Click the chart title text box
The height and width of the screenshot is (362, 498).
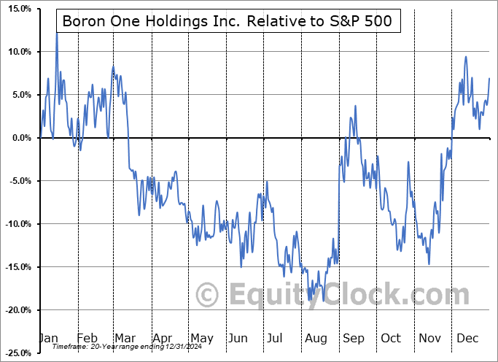pyautogui.click(x=227, y=21)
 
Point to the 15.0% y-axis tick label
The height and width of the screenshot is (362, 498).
pyautogui.click(x=17, y=9)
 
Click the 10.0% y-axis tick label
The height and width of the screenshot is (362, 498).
pyautogui.click(x=17, y=52)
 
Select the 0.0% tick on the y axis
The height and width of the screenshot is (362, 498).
pyautogui.click(x=20, y=138)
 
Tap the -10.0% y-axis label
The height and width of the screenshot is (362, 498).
pyautogui.click(x=15, y=224)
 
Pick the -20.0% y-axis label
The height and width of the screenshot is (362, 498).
pyautogui.click(x=15, y=310)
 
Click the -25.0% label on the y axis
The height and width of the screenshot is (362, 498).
pyautogui.click(x=15, y=353)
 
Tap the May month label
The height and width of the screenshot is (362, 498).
pyautogui.click(x=201, y=338)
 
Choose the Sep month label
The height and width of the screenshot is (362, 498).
pyautogui.click(x=353, y=338)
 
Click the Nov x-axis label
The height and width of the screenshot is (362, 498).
pyautogui.click(x=429, y=338)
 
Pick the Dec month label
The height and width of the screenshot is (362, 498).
pyautogui.click(x=467, y=338)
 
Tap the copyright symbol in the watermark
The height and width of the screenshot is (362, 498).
pyautogui.click(x=209, y=295)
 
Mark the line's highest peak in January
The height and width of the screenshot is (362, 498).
pyautogui.click(x=57, y=34)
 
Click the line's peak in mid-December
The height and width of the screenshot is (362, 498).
pyautogui.click(x=465, y=57)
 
